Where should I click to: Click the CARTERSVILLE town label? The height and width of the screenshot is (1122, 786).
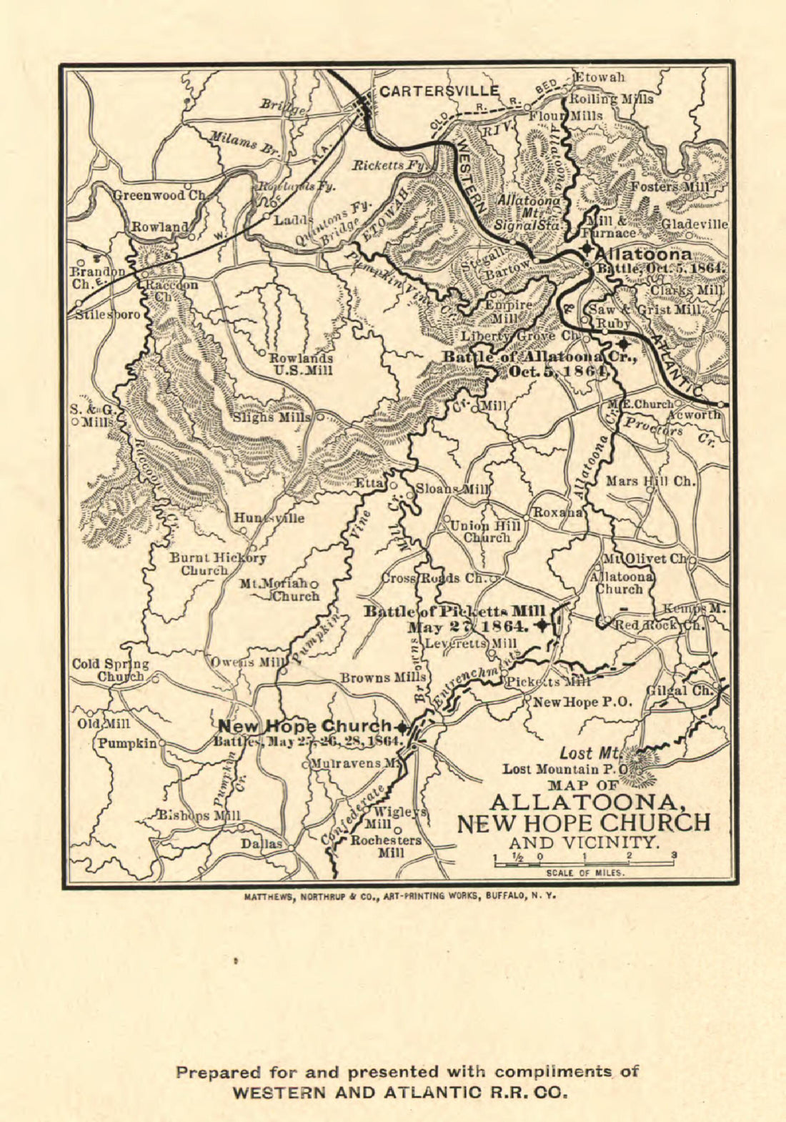439,91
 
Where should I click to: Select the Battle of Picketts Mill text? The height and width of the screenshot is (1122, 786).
455,611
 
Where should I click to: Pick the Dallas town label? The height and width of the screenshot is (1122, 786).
261,844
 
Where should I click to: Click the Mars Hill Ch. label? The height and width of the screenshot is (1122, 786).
650,482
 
